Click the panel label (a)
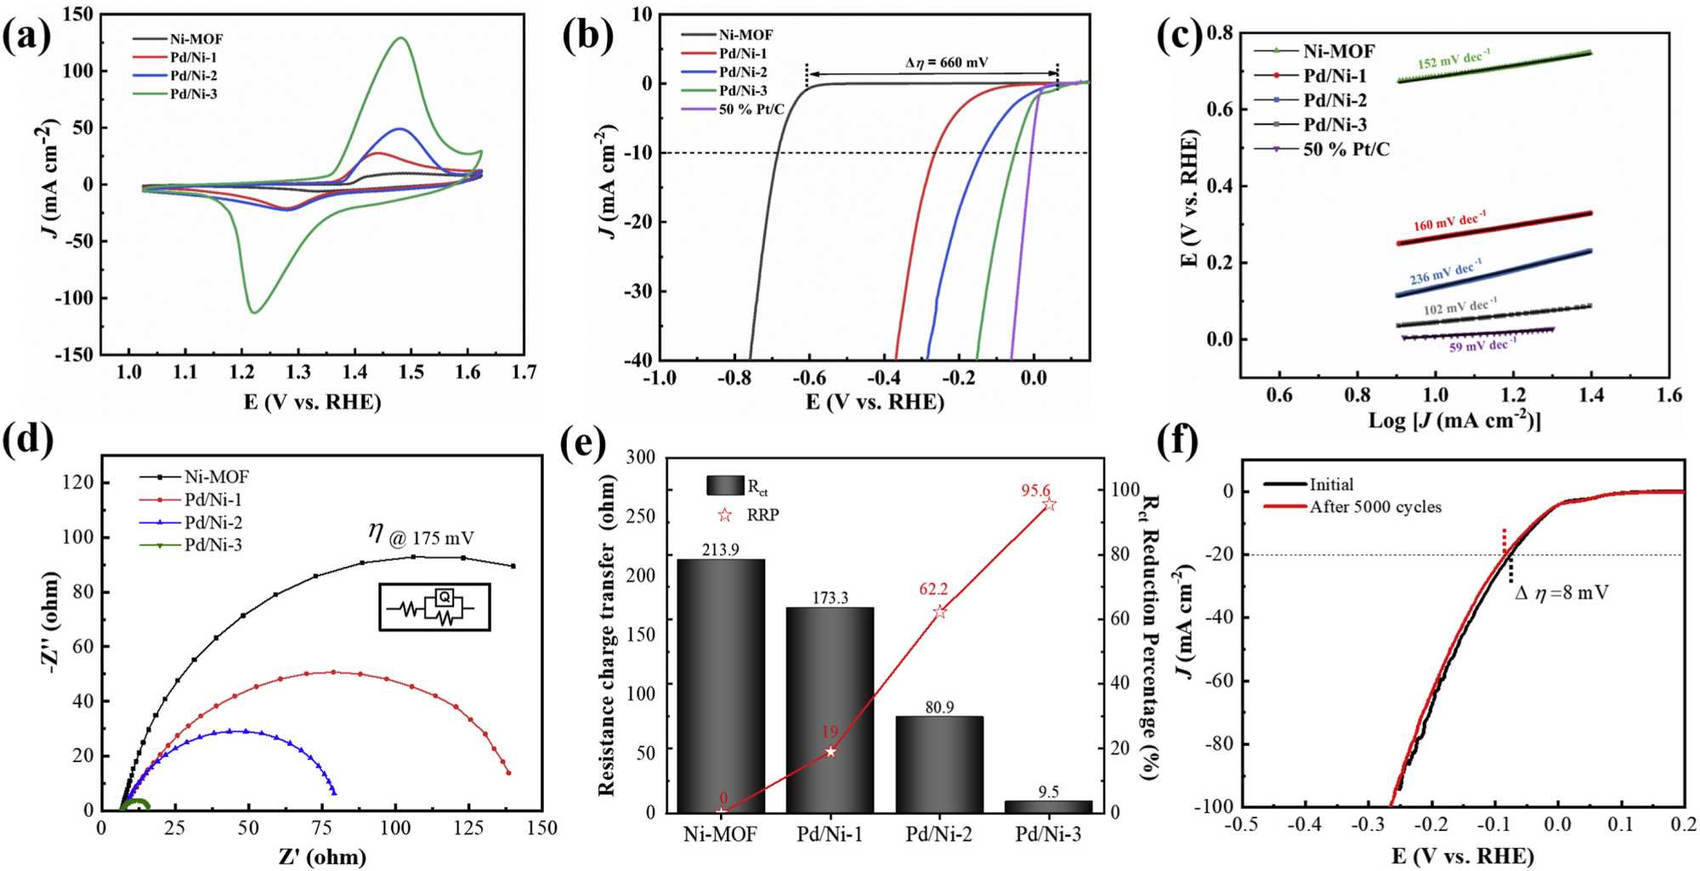pyautogui.click(x=26, y=36)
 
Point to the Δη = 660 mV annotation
pyautogui.click(x=946, y=62)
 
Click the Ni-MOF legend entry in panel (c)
pyautogui.click(x=1338, y=51)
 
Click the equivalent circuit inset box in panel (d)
pyautogui.click(x=434, y=607)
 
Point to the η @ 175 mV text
pyautogui.click(x=422, y=534)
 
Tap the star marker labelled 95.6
pyautogui.click(x=1049, y=505)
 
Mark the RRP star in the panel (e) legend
pyautogui.click(x=724, y=515)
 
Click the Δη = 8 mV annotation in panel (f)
pyautogui.click(x=1561, y=593)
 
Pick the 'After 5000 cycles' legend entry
pyautogui.click(x=1374, y=507)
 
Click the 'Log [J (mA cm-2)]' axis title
pyautogui.click(x=1453, y=420)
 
